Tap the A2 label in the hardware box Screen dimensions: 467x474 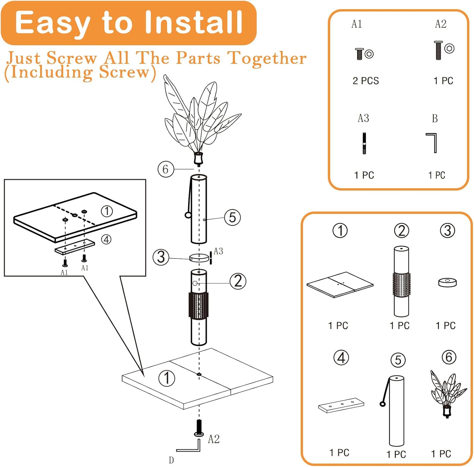click(x=441, y=24)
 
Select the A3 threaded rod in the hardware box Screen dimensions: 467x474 click(x=364, y=143)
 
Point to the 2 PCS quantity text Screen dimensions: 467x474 click(x=366, y=81)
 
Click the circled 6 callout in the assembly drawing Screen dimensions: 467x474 click(x=166, y=169)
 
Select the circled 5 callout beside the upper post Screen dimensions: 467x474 click(x=232, y=217)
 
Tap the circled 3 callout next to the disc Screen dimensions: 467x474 click(x=161, y=257)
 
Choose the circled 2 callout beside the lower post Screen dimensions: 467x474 click(x=238, y=281)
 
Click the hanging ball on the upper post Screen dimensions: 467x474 click(x=188, y=215)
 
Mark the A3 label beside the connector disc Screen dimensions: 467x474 click(x=218, y=251)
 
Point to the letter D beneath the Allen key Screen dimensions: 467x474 click(x=171, y=460)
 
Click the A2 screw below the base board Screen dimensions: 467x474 click(x=199, y=428)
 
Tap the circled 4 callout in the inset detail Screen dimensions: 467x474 click(x=106, y=240)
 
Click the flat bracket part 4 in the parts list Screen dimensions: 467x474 click(x=341, y=405)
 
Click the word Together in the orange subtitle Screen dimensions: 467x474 click(x=267, y=58)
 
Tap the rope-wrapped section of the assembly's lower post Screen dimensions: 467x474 click(x=198, y=305)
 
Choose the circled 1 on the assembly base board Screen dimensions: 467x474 click(x=167, y=378)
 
